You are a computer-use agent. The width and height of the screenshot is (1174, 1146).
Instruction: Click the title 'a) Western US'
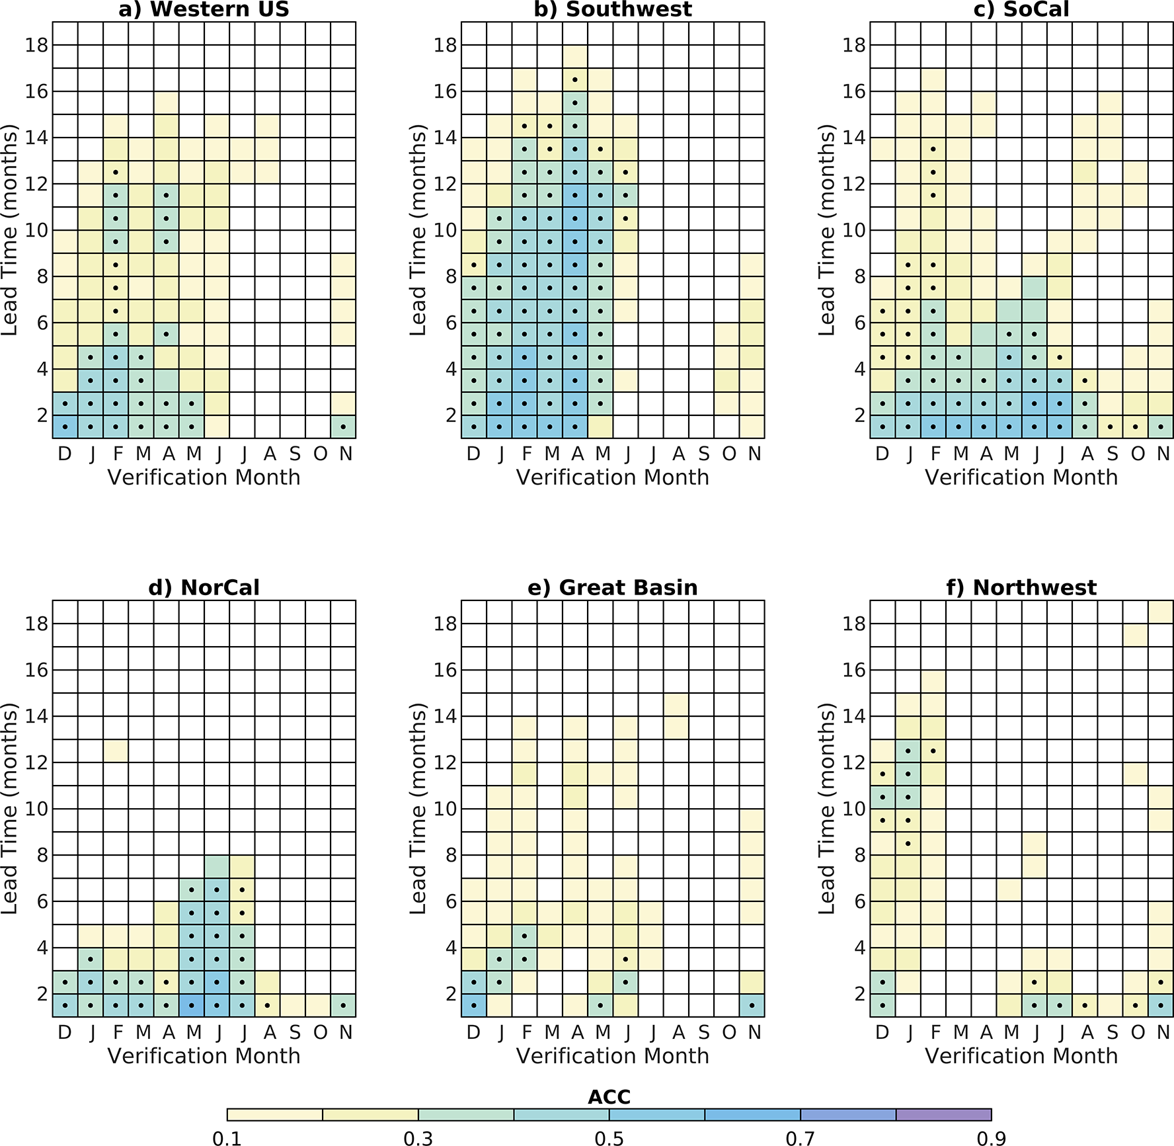click(204, 9)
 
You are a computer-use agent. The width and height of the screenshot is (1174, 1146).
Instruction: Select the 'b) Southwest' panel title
click(613, 9)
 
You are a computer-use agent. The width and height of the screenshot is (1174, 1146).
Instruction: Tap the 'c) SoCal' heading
click(1021, 9)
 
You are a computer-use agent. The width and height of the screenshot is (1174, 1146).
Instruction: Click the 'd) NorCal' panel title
click(204, 587)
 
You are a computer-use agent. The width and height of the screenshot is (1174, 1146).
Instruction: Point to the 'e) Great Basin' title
click(613, 587)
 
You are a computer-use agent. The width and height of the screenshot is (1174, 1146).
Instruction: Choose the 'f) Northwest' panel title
click(1021, 587)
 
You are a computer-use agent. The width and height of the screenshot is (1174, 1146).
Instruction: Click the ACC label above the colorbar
click(609, 1096)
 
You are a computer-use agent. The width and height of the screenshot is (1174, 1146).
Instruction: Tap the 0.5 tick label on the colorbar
click(609, 1137)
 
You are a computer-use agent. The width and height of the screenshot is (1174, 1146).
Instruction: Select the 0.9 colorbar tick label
click(991, 1137)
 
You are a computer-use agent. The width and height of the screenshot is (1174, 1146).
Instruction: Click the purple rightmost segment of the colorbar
click(943, 1114)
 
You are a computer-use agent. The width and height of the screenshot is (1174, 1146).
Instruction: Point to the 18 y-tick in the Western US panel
click(37, 45)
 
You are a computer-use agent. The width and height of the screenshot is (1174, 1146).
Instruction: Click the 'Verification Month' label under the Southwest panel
click(613, 477)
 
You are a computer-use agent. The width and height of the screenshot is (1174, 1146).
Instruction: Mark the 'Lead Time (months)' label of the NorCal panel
click(9, 808)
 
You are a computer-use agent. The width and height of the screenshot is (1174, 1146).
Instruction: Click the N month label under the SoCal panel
click(1163, 454)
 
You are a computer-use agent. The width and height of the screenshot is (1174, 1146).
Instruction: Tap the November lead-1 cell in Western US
click(343, 427)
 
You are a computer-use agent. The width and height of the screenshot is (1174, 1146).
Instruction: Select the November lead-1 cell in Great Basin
click(752, 1005)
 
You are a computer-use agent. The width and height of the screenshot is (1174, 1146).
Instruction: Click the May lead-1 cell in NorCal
click(192, 1005)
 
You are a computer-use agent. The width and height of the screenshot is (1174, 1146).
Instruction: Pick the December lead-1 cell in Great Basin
click(473, 1005)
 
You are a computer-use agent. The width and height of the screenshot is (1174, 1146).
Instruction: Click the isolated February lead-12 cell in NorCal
click(116, 751)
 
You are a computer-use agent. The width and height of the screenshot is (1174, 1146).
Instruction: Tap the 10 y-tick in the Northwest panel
click(855, 808)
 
